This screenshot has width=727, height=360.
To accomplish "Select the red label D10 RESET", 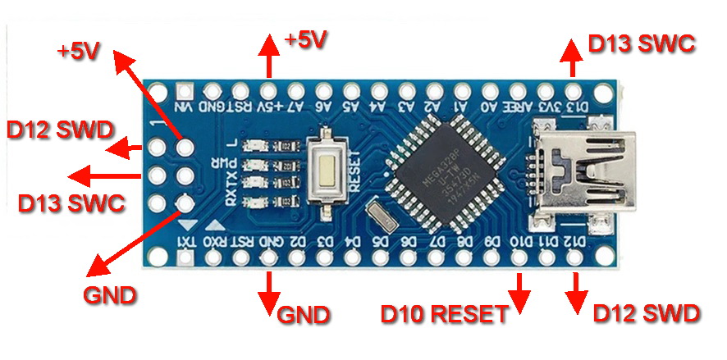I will click(x=443, y=314).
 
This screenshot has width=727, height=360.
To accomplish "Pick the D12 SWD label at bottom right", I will click(x=646, y=312).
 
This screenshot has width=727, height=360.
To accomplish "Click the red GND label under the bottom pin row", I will click(x=304, y=314).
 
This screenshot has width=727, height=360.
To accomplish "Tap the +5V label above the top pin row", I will click(x=304, y=39).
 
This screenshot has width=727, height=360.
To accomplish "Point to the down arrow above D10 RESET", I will click(x=519, y=289).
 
